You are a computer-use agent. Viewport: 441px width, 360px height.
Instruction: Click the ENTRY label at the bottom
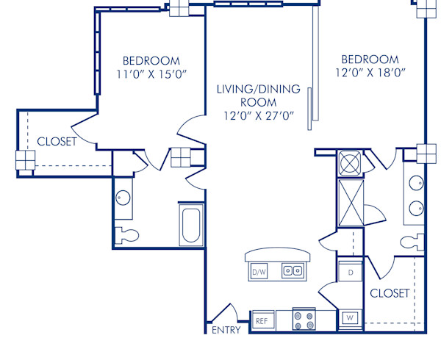pos(226,330)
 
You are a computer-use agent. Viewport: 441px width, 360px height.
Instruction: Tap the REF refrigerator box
pos(262,321)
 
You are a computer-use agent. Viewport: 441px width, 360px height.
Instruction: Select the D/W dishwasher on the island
pos(259,272)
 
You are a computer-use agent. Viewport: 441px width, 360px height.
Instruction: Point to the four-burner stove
pos(304,320)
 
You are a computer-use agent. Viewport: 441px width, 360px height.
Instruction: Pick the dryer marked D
pos(351,273)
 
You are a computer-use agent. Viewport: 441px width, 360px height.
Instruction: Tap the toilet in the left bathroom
pos(127,236)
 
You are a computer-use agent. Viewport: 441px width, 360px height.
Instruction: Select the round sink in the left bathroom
pos(123,198)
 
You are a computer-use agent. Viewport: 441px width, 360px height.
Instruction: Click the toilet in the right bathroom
pos(411,242)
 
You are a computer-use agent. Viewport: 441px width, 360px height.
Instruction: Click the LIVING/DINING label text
pos(258,90)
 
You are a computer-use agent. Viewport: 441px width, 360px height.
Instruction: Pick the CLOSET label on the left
pos(57,142)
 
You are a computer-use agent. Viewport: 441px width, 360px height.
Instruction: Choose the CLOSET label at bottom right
pos(390,293)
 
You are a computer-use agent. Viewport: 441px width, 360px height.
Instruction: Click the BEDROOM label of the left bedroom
pos(151,60)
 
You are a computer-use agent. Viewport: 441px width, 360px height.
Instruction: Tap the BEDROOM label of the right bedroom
pos(370,59)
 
